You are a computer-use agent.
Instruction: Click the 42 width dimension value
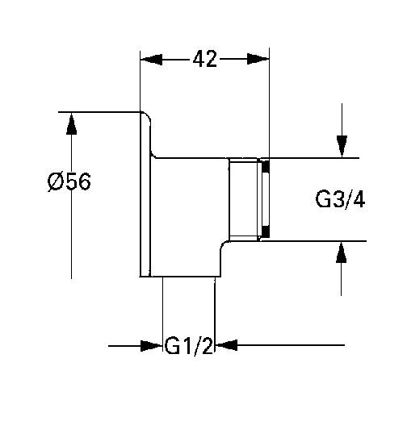click(205, 60)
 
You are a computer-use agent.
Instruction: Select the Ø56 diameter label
click(69, 181)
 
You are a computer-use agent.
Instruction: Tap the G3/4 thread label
click(339, 198)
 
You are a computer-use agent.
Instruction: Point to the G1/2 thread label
click(188, 346)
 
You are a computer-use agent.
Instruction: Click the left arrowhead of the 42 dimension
click(151, 60)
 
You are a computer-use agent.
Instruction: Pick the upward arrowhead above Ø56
click(72, 125)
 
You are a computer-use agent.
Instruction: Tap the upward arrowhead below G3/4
click(342, 252)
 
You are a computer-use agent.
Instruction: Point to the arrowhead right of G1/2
click(225, 346)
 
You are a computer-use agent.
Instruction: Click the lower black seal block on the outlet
click(265, 232)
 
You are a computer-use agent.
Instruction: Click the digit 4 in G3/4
click(358, 198)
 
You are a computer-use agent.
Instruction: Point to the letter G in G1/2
click(173, 346)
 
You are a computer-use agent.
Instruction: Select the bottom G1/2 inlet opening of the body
click(188, 276)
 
